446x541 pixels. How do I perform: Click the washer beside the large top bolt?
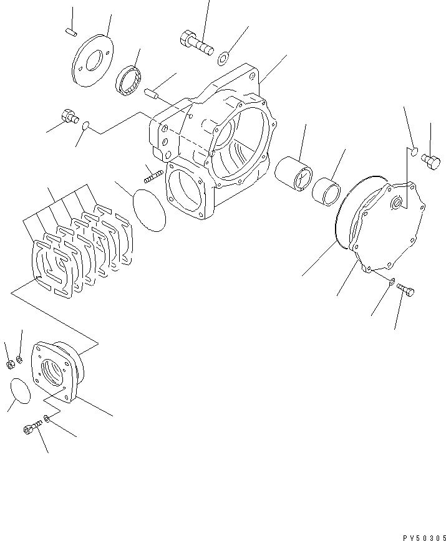coord(223,59)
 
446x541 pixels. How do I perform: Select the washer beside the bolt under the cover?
coord(390,282)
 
